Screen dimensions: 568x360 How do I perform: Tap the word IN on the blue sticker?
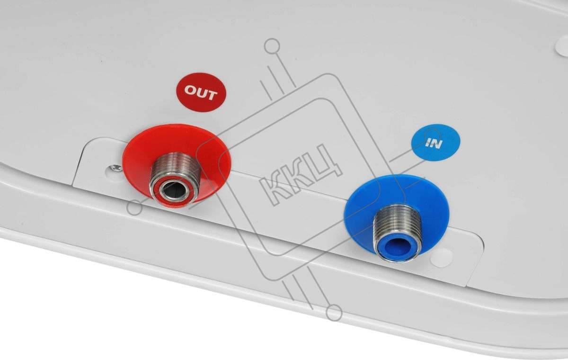[x=434, y=144]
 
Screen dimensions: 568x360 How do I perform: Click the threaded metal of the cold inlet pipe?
[x=398, y=221]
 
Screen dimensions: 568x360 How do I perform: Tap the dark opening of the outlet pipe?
[x=174, y=190]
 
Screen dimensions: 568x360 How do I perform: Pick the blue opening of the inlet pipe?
[x=399, y=245]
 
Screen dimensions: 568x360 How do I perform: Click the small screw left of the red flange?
[x=116, y=167]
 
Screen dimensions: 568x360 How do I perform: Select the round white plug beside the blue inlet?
[x=442, y=258]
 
